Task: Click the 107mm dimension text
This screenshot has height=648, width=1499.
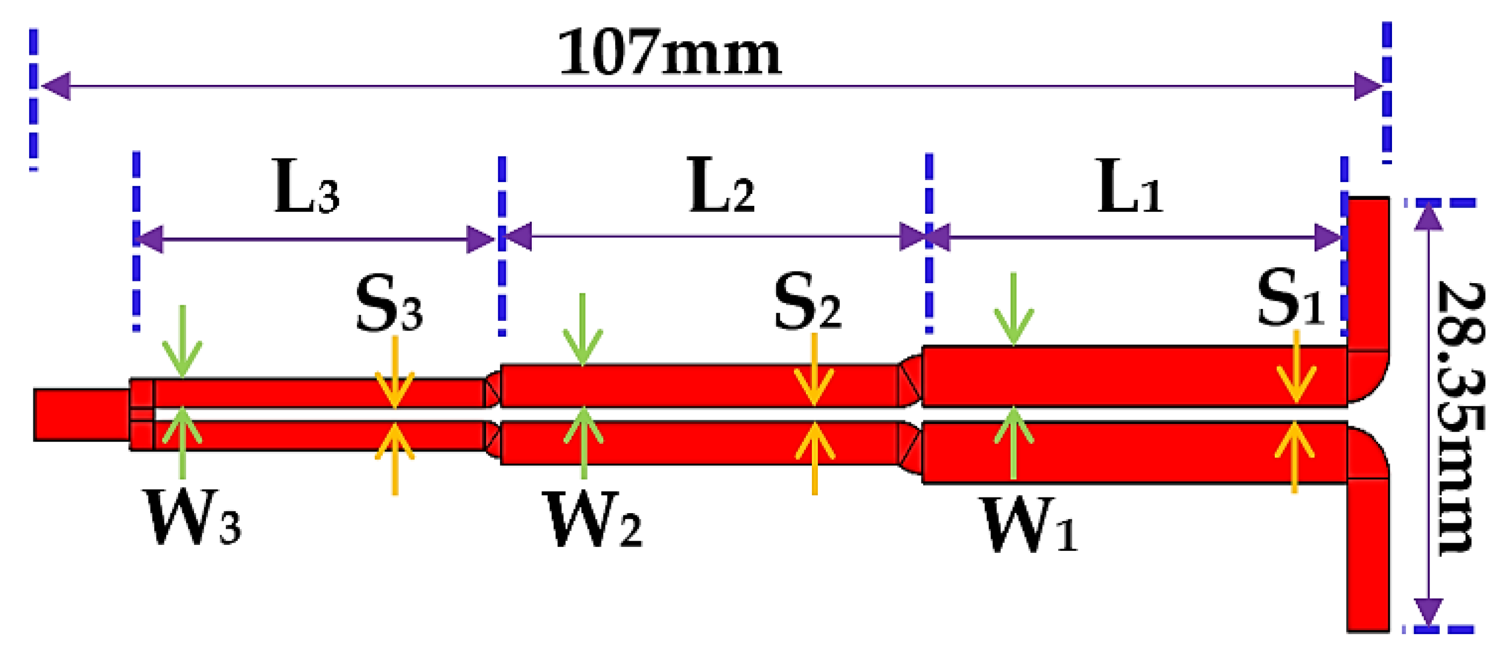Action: coord(669,54)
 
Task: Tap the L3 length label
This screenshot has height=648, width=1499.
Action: coord(306,188)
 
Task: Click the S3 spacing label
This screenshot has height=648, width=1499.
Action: coord(389,304)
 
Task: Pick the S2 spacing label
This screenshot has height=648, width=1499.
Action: coord(807,303)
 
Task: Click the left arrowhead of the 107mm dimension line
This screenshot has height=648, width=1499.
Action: coord(56,87)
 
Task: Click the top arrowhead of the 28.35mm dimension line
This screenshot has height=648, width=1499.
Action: coord(1429,217)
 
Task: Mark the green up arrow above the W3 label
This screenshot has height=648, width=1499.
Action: coord(183,442)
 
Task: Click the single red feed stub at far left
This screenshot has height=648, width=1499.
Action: coord(82,415)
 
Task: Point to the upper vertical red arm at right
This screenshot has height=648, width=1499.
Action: coord(1368,273)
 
